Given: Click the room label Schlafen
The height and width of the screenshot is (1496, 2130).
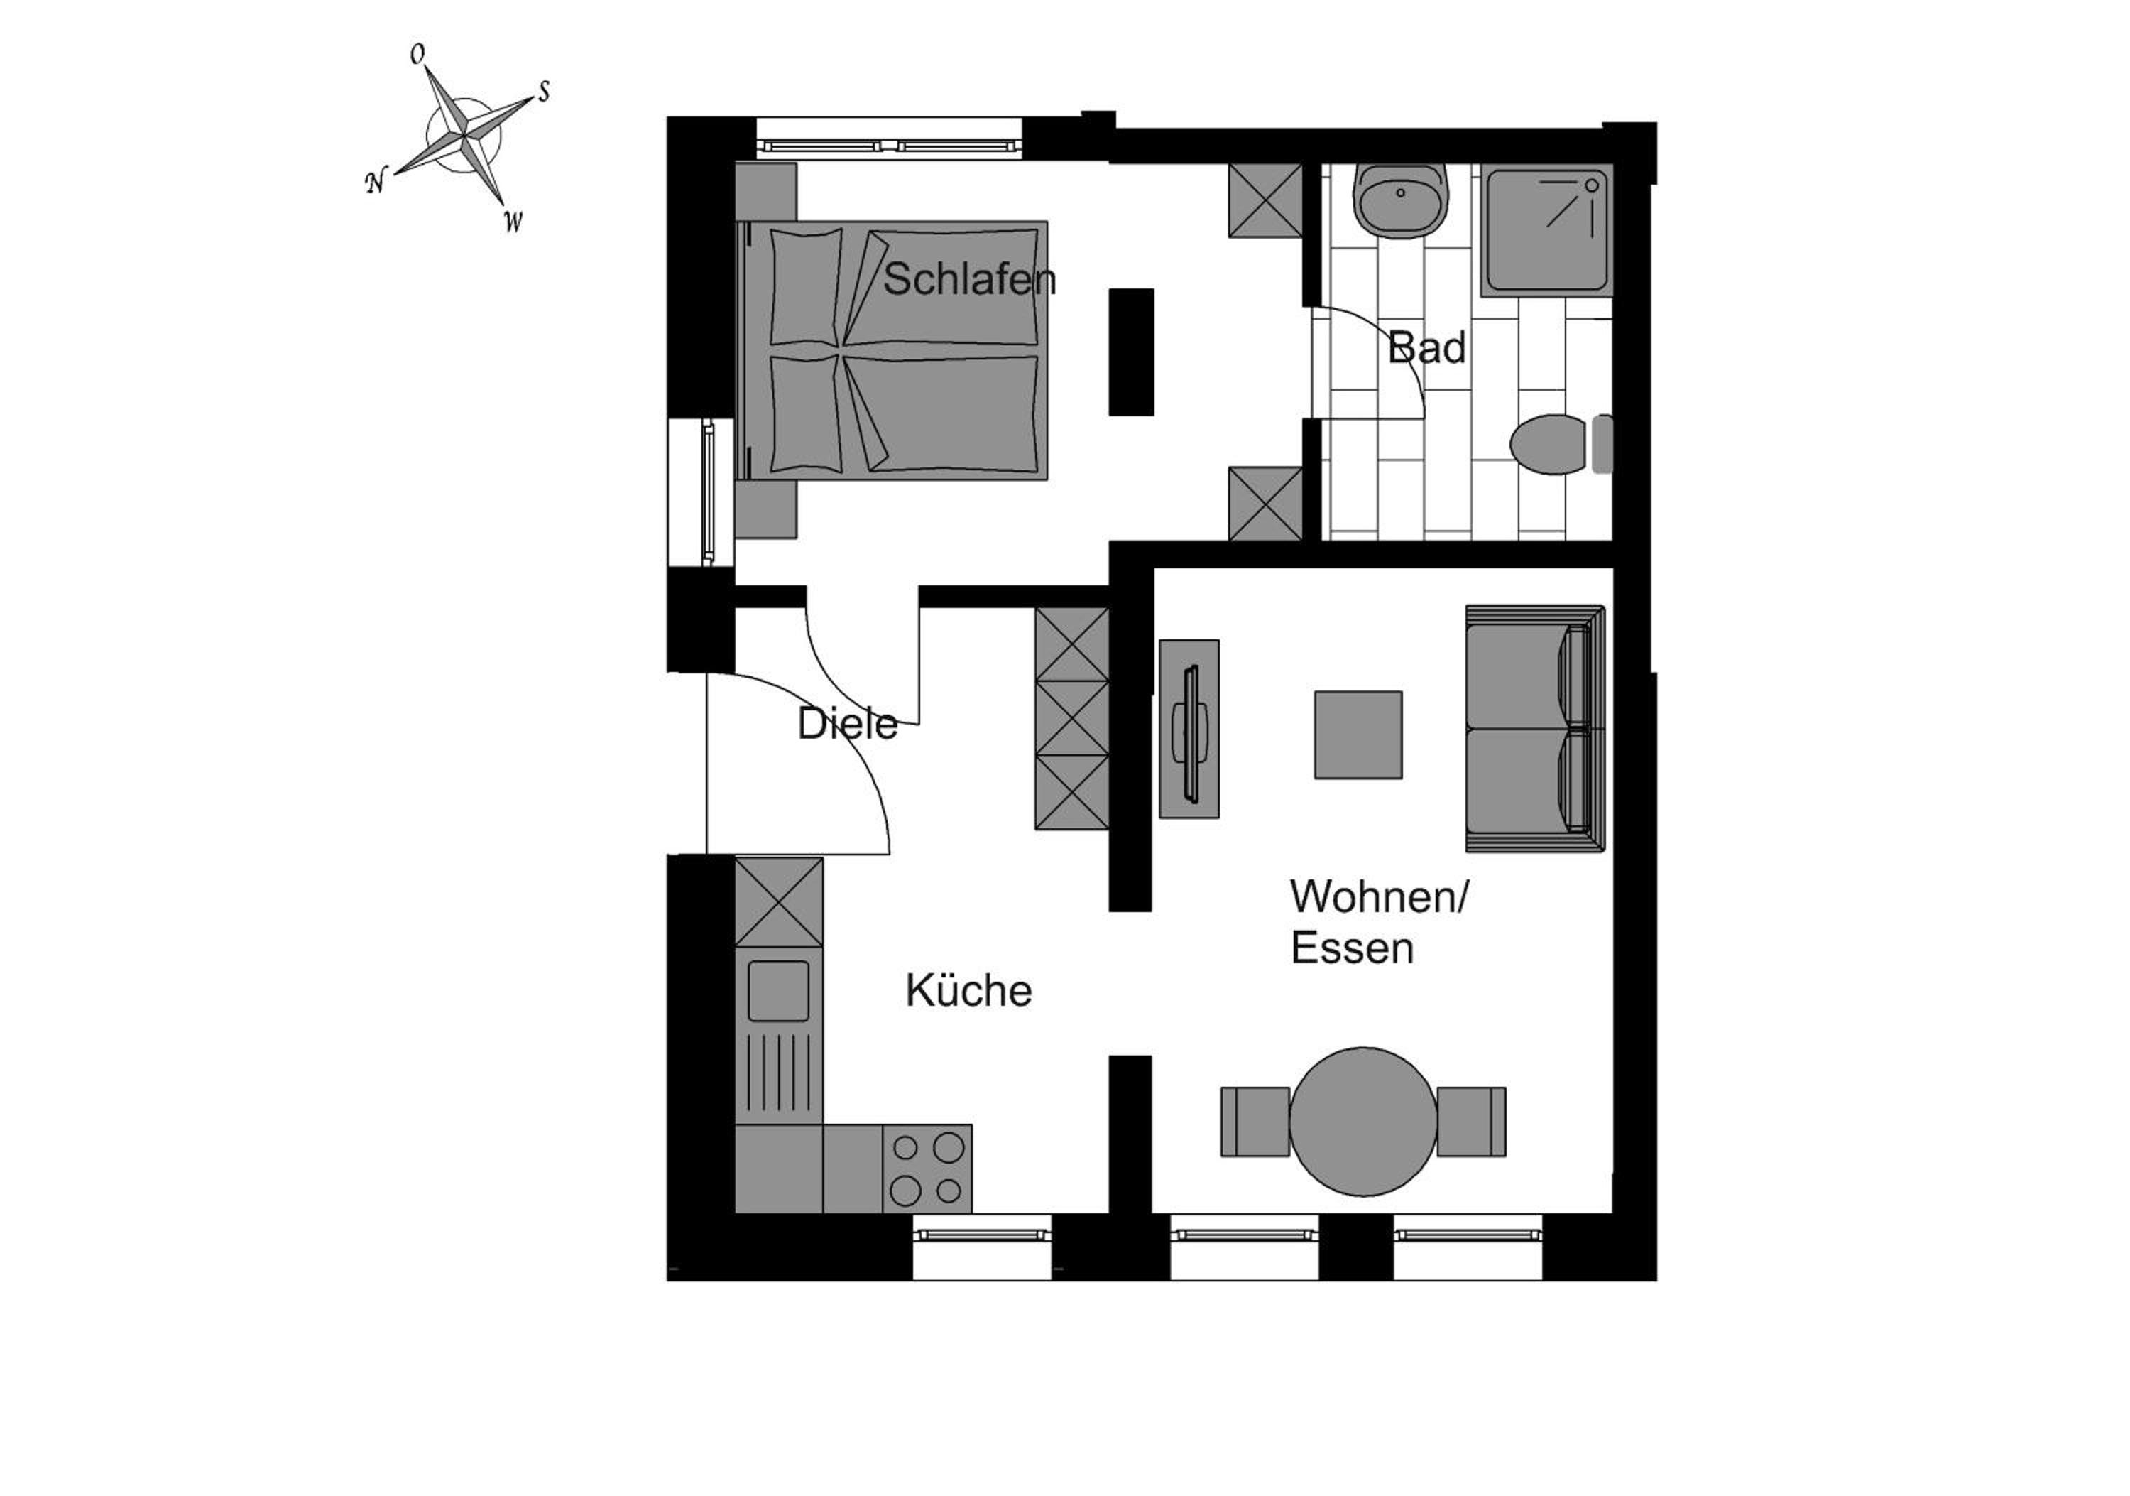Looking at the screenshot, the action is tap(969, 279).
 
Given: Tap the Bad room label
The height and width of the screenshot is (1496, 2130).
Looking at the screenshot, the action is tap(1427, 348).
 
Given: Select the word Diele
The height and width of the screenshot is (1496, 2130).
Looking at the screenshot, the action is tap(847, 724).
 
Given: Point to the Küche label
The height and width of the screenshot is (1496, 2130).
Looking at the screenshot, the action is tap(968, 990).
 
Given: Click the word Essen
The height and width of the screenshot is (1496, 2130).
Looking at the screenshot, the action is tap(1352, 948).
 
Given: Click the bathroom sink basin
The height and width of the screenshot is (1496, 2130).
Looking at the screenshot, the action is tap(1401, 200).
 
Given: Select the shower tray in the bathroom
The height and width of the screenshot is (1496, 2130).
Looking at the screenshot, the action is tap(1546, 229).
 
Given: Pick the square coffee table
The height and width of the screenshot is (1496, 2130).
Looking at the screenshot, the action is tap(1358, 734).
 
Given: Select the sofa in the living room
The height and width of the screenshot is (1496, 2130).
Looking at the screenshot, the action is tap(1535, 729).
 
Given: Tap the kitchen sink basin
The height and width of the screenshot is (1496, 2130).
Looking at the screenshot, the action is tap(777, 991).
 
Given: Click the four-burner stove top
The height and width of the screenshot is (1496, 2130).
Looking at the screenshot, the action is tap(927, 1169).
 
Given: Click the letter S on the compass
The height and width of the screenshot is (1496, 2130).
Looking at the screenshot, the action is tap(544, 91).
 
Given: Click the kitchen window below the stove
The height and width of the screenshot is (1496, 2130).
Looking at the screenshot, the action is tap(983, 1247).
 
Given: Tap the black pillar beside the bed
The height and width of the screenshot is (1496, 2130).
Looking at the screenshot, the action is tap(1132, 352).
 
